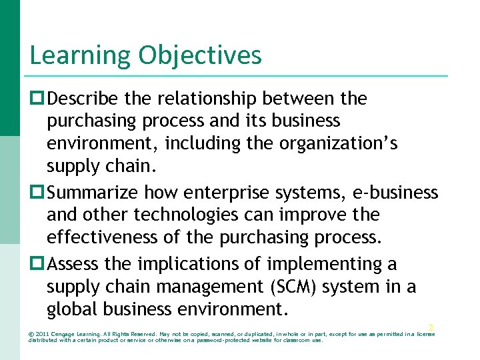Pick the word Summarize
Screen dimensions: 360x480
coord(93,193)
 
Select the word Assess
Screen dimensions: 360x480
coord(74,265)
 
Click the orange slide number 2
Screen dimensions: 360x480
coord(431,327)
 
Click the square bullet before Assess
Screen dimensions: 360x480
coord(37,265)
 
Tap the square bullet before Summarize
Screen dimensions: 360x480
coord(37,193)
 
